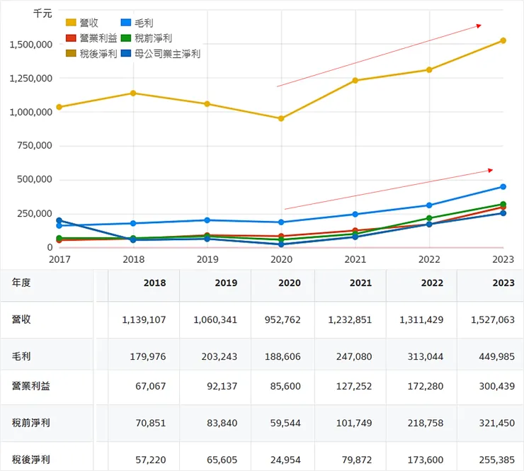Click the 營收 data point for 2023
(x=503, y=40)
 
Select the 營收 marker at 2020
(x=281, y=118)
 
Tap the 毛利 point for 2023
(x=503, y=187)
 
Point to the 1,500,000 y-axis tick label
(x=31, y=44)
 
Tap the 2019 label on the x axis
(x=207, y=260)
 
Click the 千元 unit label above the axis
(x=43, y=13)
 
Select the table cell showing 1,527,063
(x=492, y=319)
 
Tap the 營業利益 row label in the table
(x=32, y=386)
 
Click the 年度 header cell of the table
(x=21, y=283)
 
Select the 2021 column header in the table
(x=360, y=283)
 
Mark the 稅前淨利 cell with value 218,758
(x=426, y=423)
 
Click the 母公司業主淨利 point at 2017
(x=59, y=221)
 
